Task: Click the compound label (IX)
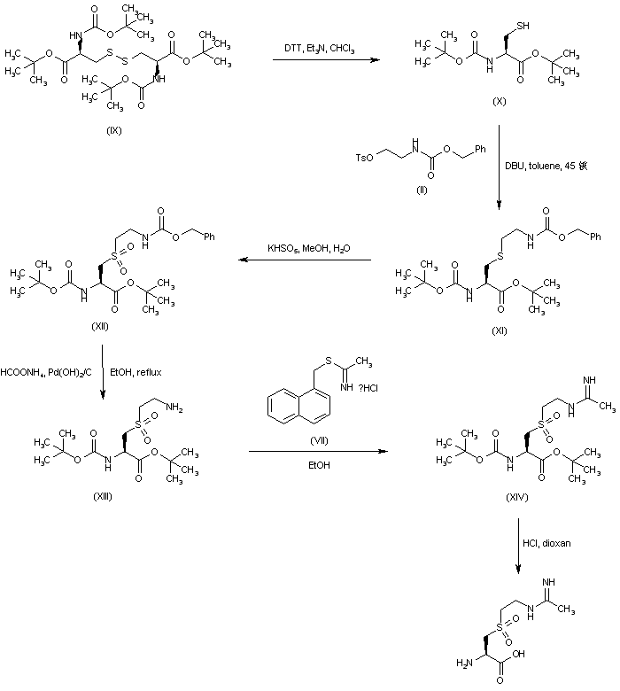(114, 130)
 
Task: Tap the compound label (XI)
(499, 327)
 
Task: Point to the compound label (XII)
(99, 327)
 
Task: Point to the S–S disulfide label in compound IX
(119, 54)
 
